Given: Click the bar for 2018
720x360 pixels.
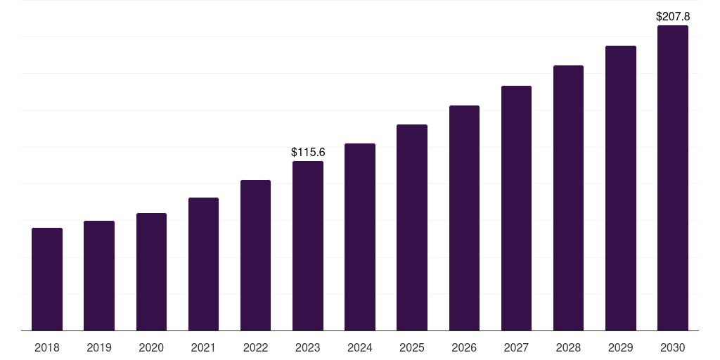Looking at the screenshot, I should (47, 279).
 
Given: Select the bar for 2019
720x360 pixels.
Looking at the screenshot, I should (99, 276).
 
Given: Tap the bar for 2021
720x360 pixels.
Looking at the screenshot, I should (203, 264).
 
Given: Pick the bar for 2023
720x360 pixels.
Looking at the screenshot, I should (308, 245).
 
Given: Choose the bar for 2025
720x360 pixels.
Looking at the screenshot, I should (412, 227).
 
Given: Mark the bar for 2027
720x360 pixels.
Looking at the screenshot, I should (516, 208).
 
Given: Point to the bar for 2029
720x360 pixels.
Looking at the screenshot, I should (621, 188).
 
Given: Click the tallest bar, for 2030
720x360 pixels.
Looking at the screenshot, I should (673, 178).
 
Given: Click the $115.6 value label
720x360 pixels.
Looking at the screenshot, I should (308, 152).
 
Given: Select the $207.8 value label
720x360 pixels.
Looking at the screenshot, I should (673, 16).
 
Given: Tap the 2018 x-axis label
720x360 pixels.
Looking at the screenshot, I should (47, 347).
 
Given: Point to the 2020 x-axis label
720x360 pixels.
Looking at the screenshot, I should (151, 347).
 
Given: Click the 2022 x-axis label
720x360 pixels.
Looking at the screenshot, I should (256, 347).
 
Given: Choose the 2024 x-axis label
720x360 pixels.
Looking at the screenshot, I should (360, 347).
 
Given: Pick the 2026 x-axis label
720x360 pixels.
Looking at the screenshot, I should (464, 347).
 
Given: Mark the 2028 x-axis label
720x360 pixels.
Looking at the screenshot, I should (568, 347).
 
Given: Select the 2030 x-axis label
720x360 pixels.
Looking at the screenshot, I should (673, 347).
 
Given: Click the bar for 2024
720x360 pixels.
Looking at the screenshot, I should (360, 237).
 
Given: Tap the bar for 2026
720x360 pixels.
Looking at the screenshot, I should (464, 218).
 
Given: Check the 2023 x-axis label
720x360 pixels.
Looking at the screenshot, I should (308, 347).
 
